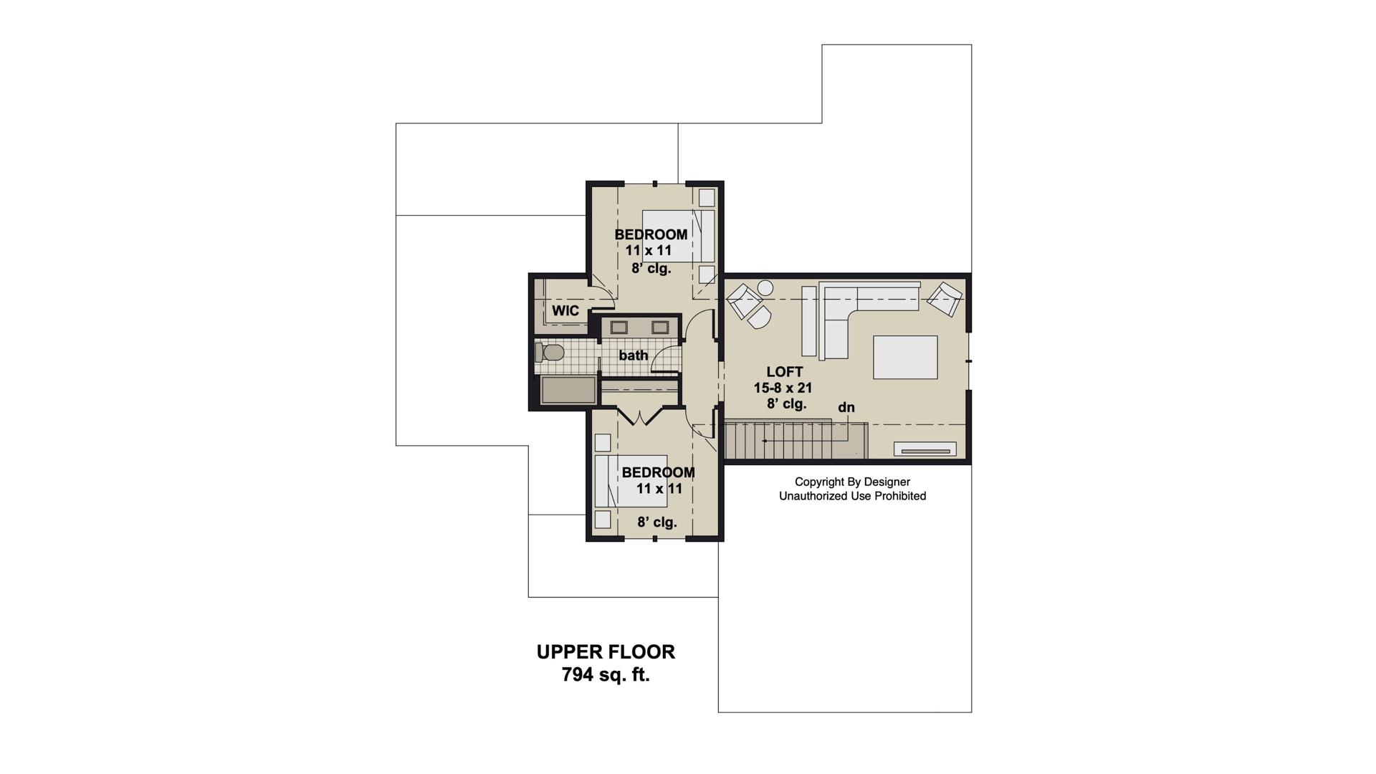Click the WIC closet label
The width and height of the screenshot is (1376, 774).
[x=565, y=310]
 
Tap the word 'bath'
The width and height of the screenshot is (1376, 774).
[x=634, y=355]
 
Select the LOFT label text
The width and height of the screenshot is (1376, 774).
[x=785, y=372]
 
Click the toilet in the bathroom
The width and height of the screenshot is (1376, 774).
[x=549, y=353]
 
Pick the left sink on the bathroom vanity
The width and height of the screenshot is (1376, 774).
[x=618, y=328]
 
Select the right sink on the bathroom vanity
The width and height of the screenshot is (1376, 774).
[x=660, y=328]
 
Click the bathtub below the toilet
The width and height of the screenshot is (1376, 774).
[x=569, y=391]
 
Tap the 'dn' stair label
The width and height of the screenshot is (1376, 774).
[x=846, y=407]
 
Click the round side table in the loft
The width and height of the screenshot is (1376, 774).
[x=765, y=287]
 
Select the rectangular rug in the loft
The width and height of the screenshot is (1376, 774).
[x=905, y=357]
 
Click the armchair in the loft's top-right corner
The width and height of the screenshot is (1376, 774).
[x=945, y=299]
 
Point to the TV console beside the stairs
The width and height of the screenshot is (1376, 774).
[x=924, y=449]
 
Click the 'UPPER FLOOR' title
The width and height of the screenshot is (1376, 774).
[x=606, y=652]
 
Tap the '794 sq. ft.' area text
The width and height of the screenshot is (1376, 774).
[x=606, y=675]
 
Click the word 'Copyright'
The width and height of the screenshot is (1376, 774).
[x=818, y=482]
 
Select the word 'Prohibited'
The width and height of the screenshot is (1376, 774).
[x=900, y=496]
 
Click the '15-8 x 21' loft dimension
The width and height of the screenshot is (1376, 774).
[x=783, y=388]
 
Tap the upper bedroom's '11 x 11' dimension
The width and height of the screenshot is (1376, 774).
[x=649, y=251]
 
